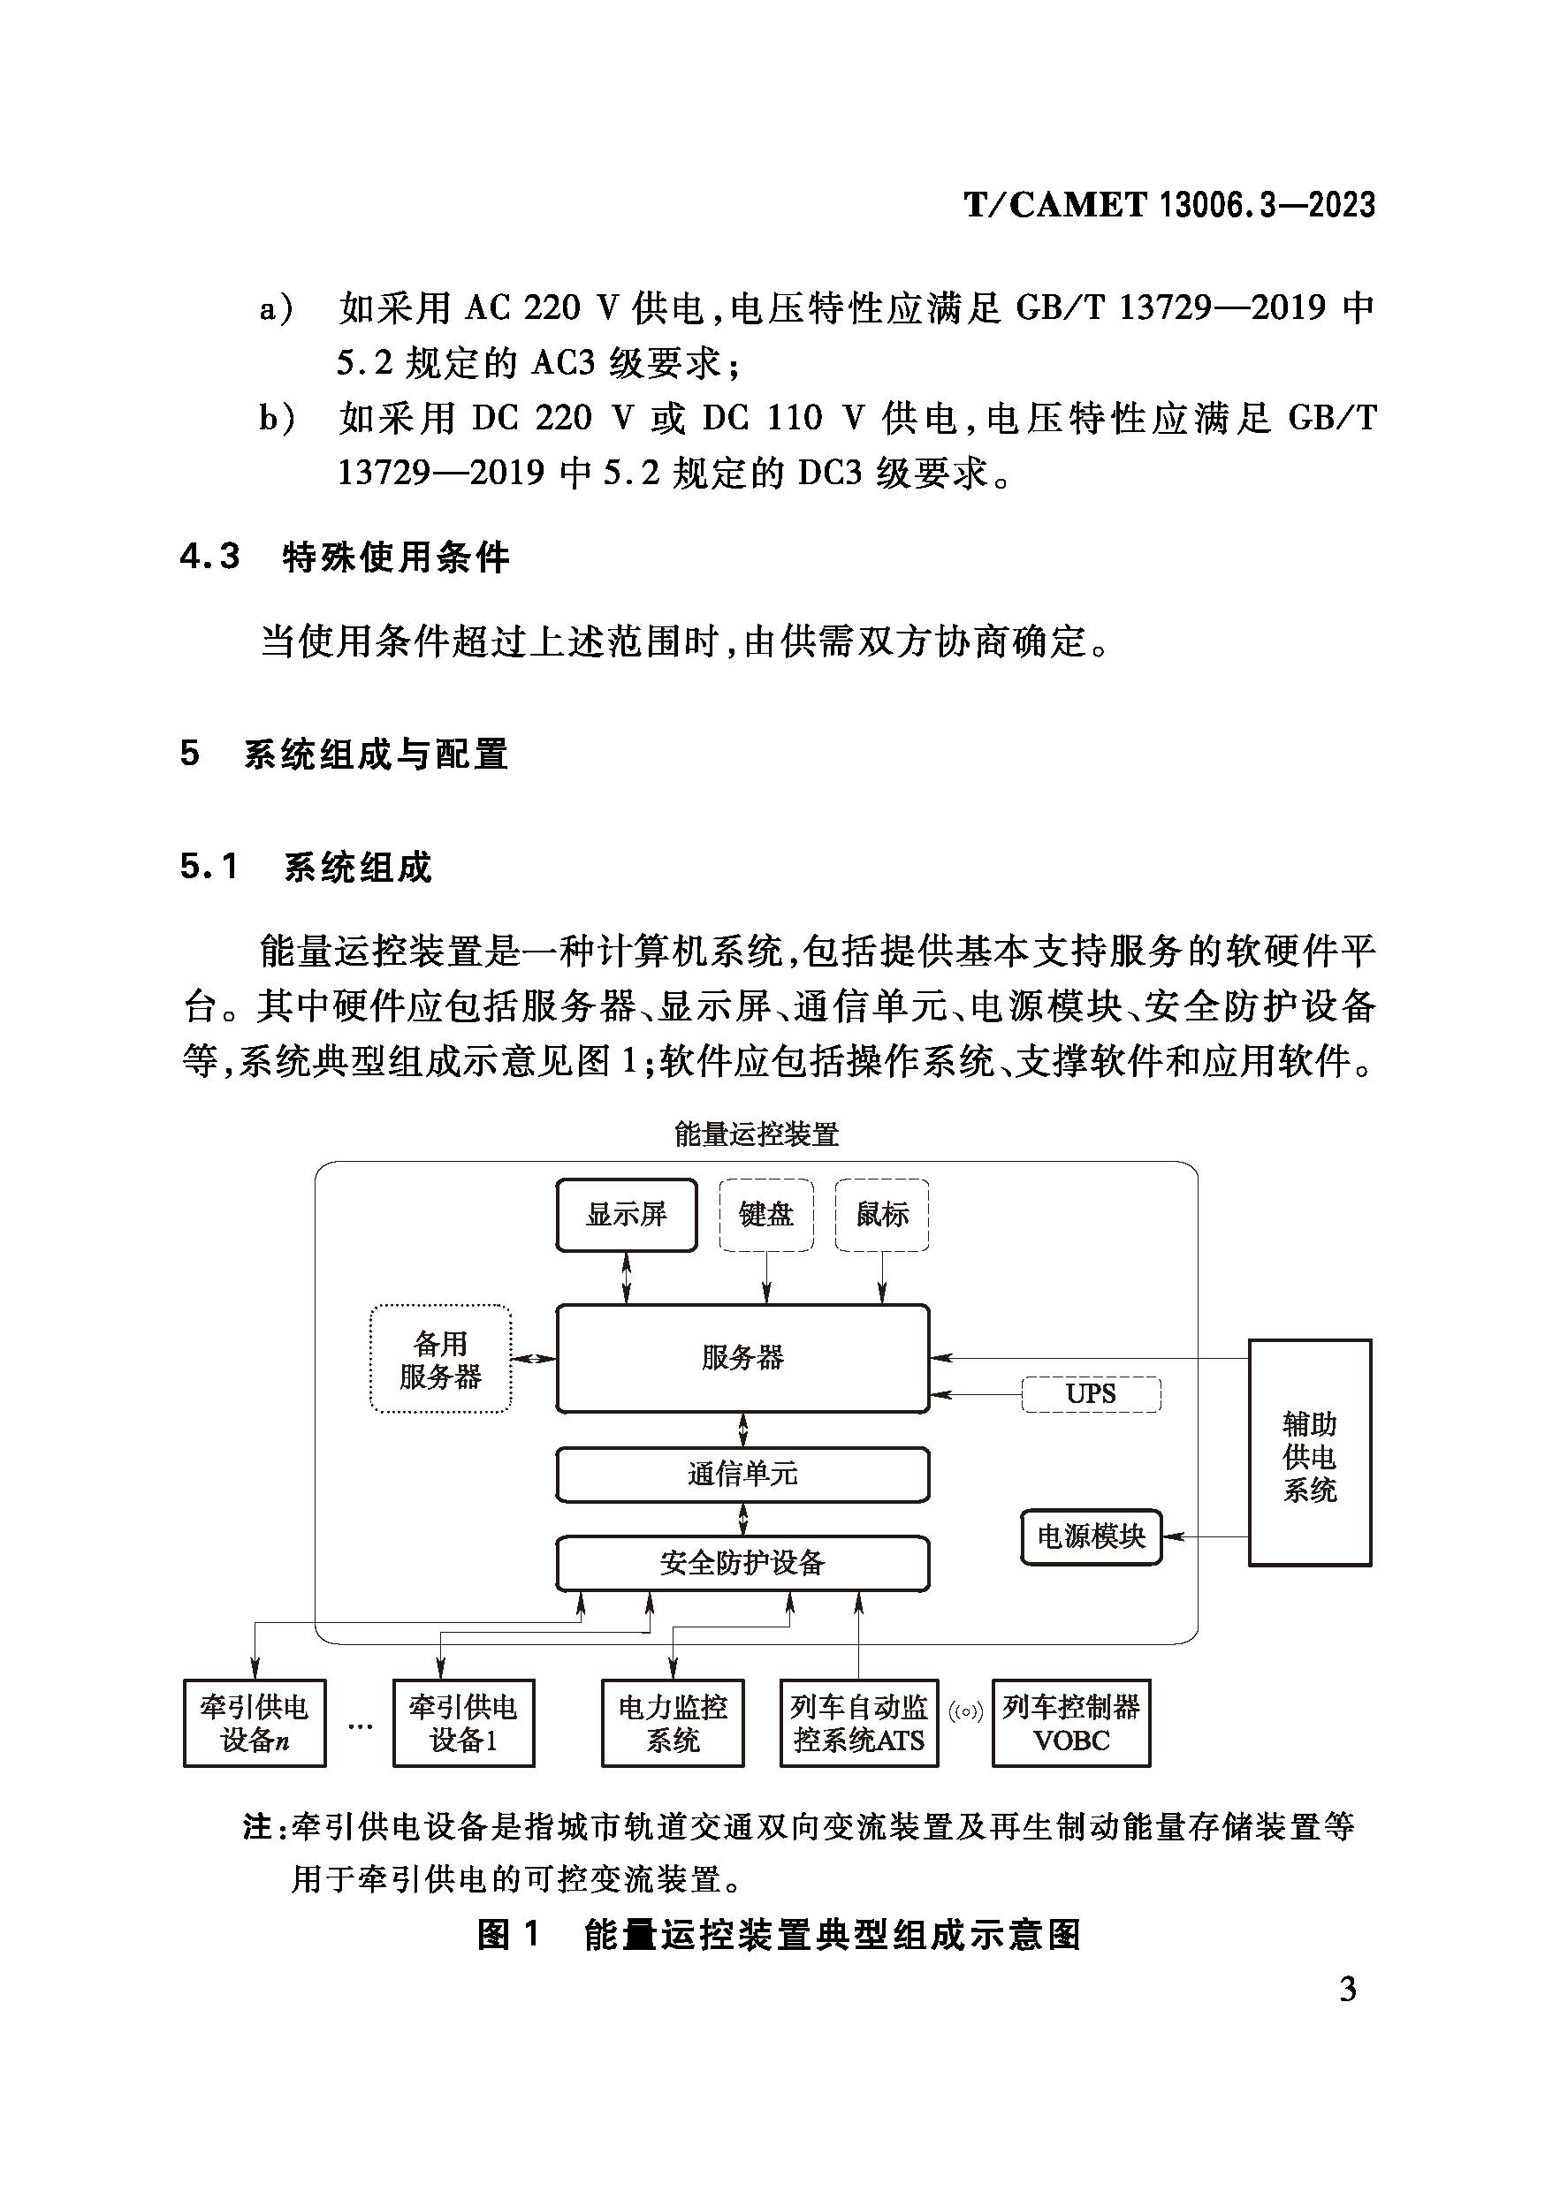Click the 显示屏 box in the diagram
click(x=627, y=1214)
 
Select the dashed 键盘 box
click(x=765, y=1214)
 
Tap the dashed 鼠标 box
click(x=881, y=1214)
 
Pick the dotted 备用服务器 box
click(x=440, y=1360)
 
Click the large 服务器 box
click(x=742, y=1358)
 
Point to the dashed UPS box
click(x=1091, y=1394)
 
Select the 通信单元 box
click(x=742, y=1474)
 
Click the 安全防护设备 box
click(x=742, y=1563)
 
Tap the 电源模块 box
click(x=1091, y=1536)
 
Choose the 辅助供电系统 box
click(x=1309, y=1456)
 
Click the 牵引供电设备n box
click(x=254, y=1723)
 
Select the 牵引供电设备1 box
click(x=463, y=1723)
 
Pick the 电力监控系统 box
click(x=673, y=1723)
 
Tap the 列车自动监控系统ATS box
click(x=858, y=1723)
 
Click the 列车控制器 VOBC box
click(x=1070, y=1723)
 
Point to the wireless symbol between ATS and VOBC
click(x=965, y=1711)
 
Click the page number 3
click(x=1347, y=1989)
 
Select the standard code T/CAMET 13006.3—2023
click(x=1169, y=205)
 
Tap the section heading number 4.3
click(x=209, y=556)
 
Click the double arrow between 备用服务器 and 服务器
click(x=534, y=1359)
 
